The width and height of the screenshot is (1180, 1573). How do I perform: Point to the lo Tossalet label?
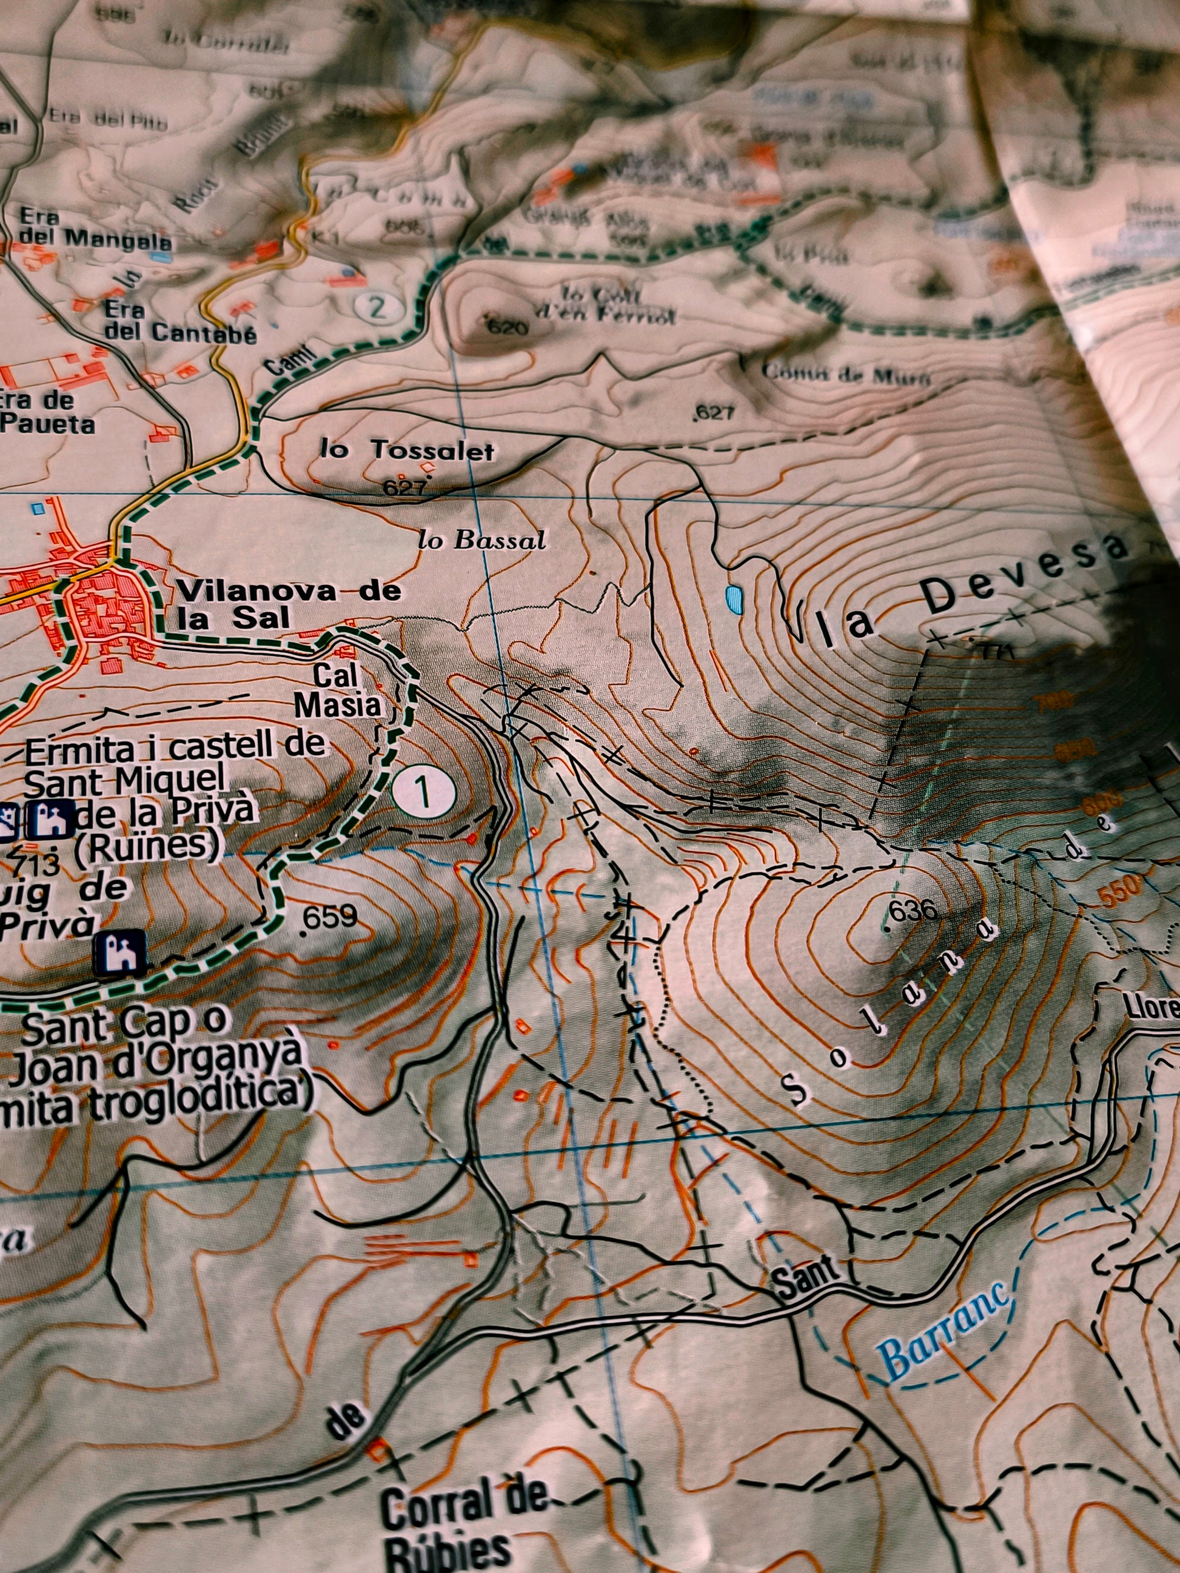click(407, 450)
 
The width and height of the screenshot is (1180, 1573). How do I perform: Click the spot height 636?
click(914, 910)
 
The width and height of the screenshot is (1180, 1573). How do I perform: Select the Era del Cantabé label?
click(178, 321)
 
